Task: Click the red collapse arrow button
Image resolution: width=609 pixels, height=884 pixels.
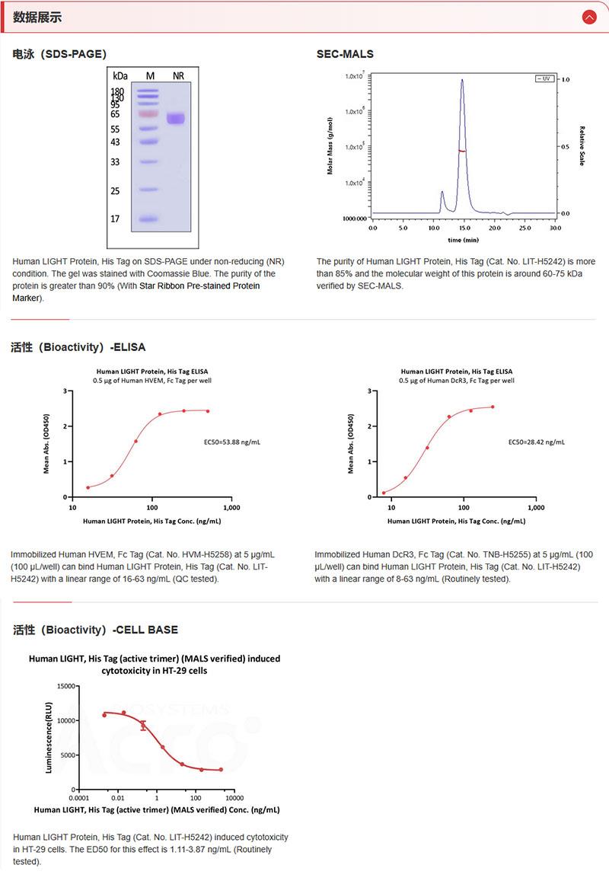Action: pyautogui.click(x=588, y=17)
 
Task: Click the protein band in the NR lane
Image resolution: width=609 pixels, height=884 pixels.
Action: pyautogui.click(x=177, y=119)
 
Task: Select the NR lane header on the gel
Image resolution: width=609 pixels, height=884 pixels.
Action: pyautogui.click(x=178, y=75)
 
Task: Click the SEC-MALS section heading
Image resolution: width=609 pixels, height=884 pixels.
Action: pyautogui.click(x=345, y=54)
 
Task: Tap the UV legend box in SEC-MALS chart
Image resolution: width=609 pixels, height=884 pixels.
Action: pyautogui.click(x=544, y=78)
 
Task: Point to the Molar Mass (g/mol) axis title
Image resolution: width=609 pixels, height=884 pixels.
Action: pyautogui.click(x=330, y=145)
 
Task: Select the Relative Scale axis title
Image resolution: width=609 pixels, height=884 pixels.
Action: pyautogui.click(x=582, y=145)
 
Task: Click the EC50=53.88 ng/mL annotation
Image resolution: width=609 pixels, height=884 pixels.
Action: pyautogui.click(x=232, y=442)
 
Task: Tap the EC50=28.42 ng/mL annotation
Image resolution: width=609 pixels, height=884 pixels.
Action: pyautogui.click(x=536, y=442)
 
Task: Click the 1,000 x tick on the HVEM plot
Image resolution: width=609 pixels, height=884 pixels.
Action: pyautogui.click(x=231, y=507)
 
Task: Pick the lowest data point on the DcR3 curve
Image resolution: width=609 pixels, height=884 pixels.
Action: pyautogui.click(x=384, y=493)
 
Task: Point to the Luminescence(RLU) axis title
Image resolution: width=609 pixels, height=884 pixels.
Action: pyautogui.click(x=49, y=738)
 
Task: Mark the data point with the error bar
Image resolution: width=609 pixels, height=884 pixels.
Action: pyautogui.click(x=143, y=726)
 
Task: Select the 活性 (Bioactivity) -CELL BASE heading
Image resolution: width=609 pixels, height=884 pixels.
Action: pyautogui.click(x=95, y=630)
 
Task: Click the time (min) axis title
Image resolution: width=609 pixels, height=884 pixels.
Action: pyautogui.click(x=463, y=240)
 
